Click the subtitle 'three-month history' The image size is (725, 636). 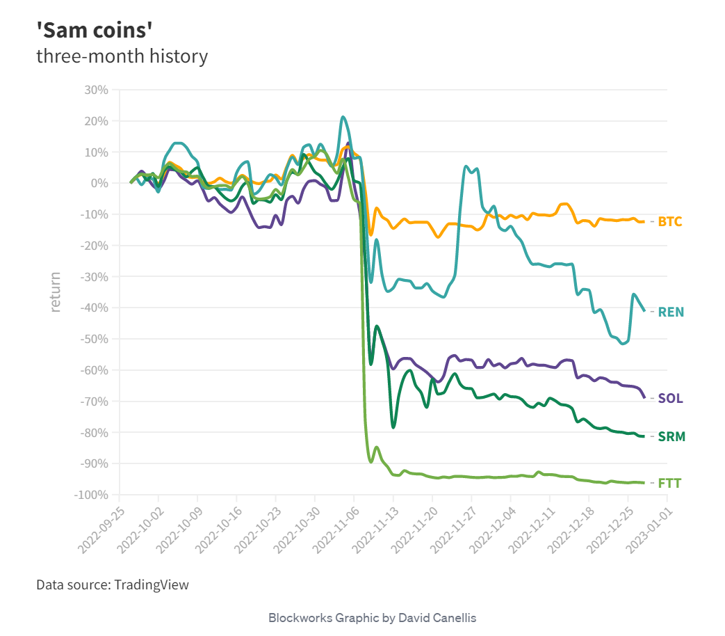tap(122, 56)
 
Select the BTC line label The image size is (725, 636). tap(670, 222)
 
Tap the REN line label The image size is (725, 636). tap(671, 312)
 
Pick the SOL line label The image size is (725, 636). tap(670, 399)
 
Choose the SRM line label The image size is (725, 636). tap(671, 437)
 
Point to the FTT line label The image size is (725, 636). tap(670, 483)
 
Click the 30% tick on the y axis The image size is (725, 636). tap(95, 90)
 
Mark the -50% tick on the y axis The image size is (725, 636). tap(94, 339)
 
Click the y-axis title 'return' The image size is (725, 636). tap(56, 292)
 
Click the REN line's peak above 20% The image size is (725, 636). tap(343, 117)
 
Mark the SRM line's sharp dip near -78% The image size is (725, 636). tap(393, 427)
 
